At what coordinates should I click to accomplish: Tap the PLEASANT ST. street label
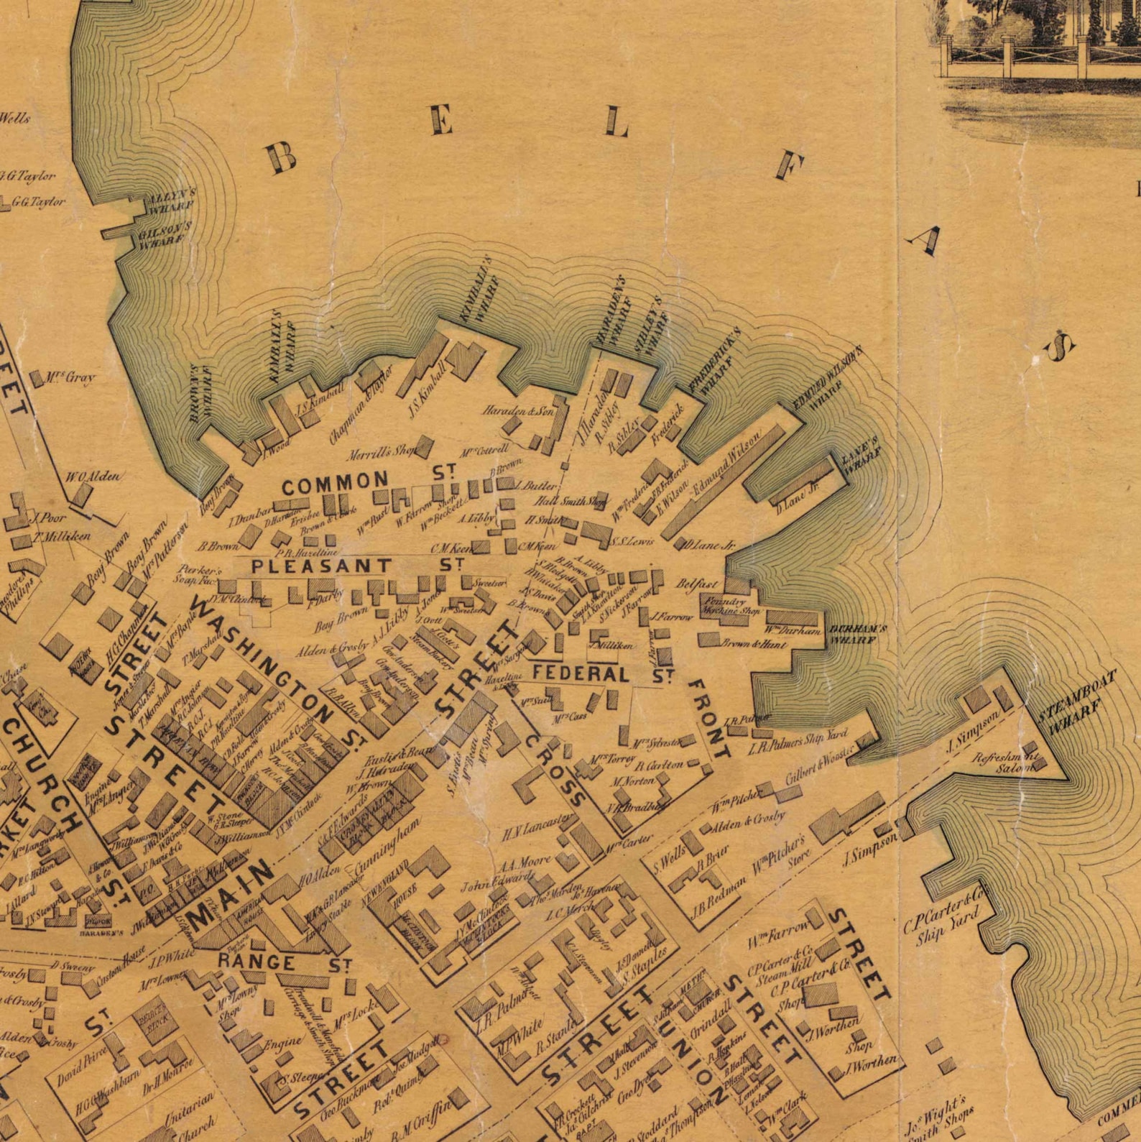[356, 566]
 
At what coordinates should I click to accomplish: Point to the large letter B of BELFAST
[282, 156]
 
